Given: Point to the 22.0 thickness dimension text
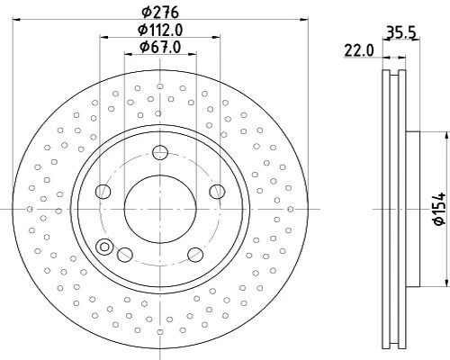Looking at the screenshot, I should (x=357, y=52).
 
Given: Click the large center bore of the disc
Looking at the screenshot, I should (x=159, y=208).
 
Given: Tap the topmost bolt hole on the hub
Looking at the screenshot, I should (x=159, y=151).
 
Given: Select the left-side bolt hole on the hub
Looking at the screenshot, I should (x=104, y=191).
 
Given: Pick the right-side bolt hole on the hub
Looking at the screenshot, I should (x=216, y=191).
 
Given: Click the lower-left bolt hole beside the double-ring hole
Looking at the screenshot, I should (x=125, y=255).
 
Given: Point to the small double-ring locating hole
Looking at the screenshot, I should (x=105, y=247).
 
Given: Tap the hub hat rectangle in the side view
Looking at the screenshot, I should (x=412, y=208).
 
